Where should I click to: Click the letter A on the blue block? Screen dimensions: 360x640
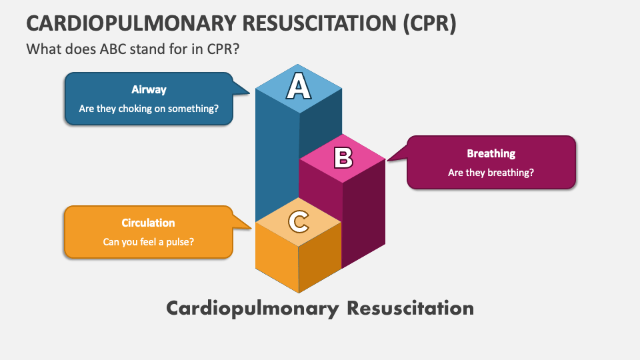coord(299,87)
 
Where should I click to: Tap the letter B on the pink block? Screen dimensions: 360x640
coord(343,157)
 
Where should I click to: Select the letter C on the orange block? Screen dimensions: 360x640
coord(299,221)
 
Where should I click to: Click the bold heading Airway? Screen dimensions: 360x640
coord(149,89)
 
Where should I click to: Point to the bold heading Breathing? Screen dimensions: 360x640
coord(491,153)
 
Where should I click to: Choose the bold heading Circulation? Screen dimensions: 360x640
coord(148,223)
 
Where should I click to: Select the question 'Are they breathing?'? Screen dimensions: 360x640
coord(491,172)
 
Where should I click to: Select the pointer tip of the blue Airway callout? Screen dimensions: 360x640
coord(251,92)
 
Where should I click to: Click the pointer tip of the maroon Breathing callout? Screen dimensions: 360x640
coord(387,160)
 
